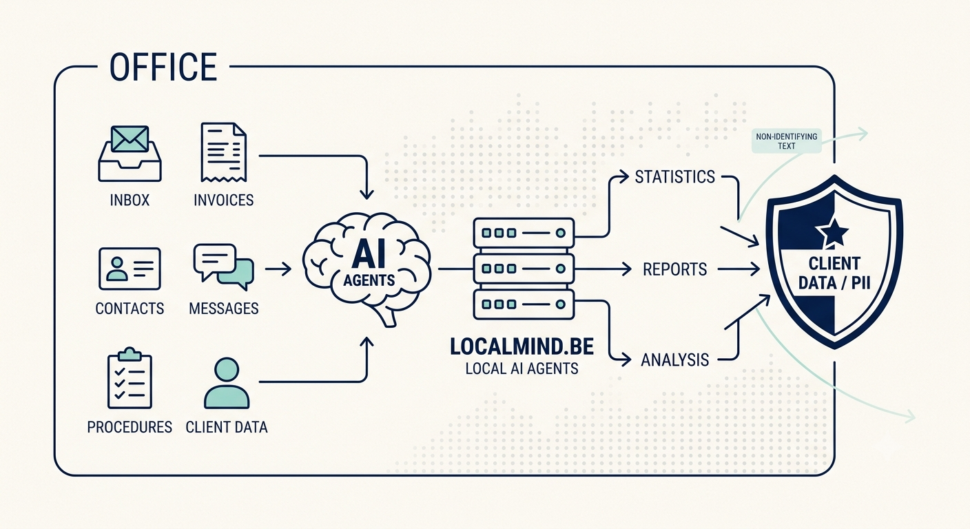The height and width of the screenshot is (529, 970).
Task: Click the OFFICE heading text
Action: click(x=163, y=67)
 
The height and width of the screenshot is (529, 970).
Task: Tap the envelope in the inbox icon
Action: click(x=130, y=138)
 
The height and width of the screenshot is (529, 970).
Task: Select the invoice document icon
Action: click(x=223, y=152)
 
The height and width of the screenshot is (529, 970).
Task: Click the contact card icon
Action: click(x=130, y=269)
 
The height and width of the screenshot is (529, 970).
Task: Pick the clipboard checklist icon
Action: click(x=130, y=378)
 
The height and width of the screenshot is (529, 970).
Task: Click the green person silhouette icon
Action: click(x=227, y=383)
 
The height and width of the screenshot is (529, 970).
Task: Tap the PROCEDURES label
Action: click(x=130, y=427)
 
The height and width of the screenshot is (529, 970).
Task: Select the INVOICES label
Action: click(x=223, y=200)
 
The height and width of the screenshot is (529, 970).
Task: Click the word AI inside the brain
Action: click(x=369, y=255)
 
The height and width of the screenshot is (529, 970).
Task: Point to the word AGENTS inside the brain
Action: click(x=369, y=280)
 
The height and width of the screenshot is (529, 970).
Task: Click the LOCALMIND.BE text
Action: click(x=522, y=346)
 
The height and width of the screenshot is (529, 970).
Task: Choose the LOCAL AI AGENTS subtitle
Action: click(x=522, y=369)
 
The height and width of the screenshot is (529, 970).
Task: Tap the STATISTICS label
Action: click(x=674, y=176)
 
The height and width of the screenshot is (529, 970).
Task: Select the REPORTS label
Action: click(x=674, y=269)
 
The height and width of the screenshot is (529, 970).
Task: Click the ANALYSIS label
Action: click(x=674, y=360)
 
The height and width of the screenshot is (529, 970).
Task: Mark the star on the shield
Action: click(x=832, y=232)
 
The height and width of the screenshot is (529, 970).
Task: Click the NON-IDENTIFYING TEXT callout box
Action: click(x=786, y=141)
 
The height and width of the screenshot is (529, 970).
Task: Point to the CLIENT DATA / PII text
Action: click(x=834, y=273)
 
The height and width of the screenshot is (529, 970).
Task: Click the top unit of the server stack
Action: click(x=524, y=233)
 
